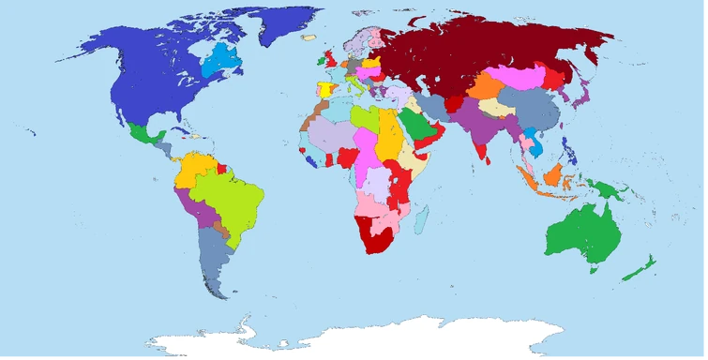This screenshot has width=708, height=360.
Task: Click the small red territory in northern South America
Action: (x=223, y=170)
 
